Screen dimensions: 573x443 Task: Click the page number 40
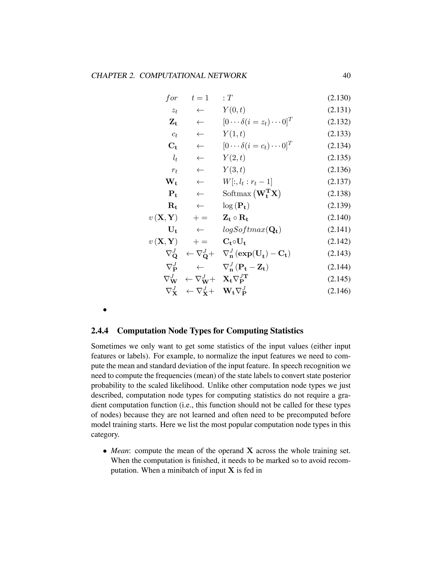click(x=347, y=75)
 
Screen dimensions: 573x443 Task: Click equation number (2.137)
click(x=339, y=182)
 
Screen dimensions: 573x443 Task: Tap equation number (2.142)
click(x=339, y=241)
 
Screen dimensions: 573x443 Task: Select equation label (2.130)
click(x=339, y=98)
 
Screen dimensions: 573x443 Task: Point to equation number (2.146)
click(x=339, y=291)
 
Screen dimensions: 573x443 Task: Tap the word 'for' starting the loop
click(x=171, y=98)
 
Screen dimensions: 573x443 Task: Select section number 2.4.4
click(x=100, y=331)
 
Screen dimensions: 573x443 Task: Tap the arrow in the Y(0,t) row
click(x=200, y=110)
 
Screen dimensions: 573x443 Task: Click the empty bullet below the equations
click(x=105, y=310)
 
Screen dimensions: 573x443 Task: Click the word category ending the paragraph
click(x=105, y=434)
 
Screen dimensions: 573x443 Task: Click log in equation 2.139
click(x=228, y=206)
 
